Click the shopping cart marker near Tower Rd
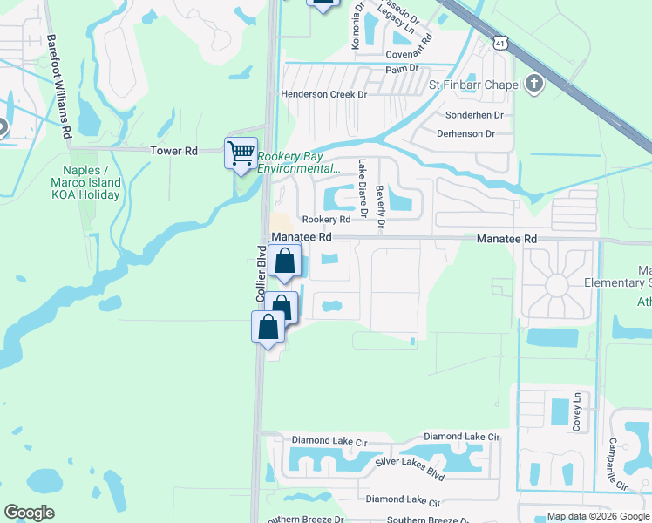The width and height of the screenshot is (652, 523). point(241,153)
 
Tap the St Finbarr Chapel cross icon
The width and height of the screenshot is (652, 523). point(534,84)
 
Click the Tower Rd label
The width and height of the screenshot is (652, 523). point(174,151)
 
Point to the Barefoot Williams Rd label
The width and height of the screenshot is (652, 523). point(58,86)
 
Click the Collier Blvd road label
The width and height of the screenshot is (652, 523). point(261,274)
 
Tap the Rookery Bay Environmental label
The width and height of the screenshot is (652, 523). point(298,163)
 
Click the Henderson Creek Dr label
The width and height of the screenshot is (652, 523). point(323,94)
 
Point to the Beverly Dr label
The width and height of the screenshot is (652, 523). point(380,208)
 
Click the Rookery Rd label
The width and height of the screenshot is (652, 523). point(326,220)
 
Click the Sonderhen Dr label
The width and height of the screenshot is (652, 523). point(475,115)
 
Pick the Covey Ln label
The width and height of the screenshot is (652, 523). point(576,411)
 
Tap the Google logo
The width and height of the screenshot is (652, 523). point(30,513)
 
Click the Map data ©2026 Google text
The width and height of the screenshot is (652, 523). point(598,516)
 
